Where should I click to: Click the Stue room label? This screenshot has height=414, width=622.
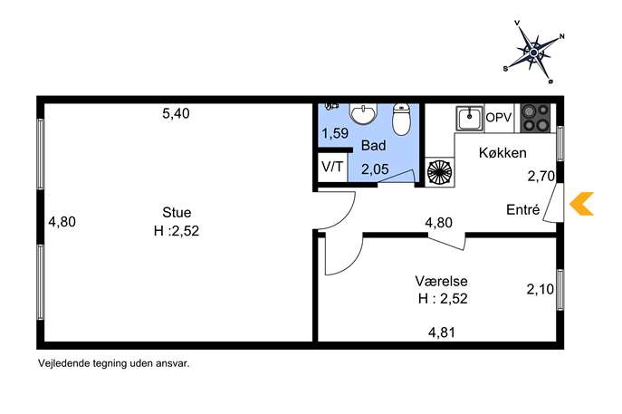177,212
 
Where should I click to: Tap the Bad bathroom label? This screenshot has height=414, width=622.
373,145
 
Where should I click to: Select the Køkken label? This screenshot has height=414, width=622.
502,153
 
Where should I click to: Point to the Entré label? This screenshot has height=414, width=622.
522,209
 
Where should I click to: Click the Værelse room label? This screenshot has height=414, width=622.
441,281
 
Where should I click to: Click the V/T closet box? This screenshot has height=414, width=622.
332,167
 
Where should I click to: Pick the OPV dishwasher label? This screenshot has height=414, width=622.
499,118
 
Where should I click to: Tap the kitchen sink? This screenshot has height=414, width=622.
470,119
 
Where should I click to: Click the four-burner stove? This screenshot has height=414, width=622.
535,118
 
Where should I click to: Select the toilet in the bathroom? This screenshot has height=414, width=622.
401,119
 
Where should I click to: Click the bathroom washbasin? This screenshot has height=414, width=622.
362,113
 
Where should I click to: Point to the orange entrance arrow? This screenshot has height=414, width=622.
582,204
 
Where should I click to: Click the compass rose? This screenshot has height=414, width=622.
534,52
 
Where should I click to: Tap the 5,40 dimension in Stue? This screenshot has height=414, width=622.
177,113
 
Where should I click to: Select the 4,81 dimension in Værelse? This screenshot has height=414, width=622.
442,332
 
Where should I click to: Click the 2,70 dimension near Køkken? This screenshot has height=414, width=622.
541,176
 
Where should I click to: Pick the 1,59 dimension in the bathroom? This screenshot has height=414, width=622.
335,133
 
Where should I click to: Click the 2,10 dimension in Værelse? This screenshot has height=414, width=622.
541,289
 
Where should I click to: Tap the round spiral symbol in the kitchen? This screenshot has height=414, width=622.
439,172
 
